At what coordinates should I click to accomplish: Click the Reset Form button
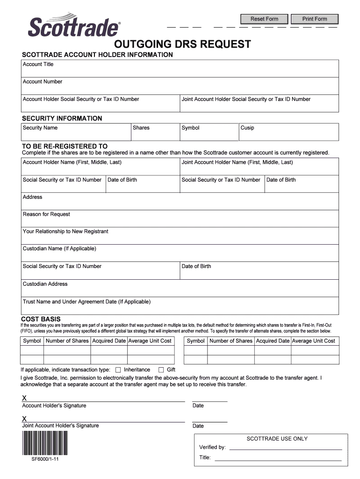tap(264, 19)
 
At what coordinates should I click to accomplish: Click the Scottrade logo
tap(74, 27)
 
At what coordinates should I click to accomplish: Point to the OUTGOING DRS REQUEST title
tap(183, 44)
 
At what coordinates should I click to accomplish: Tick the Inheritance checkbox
tap(118, 370)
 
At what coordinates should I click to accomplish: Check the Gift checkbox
tap(161, 370)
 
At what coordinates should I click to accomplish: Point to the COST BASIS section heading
tap(41, 319)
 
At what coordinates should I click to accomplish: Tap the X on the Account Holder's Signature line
tap(24, 398)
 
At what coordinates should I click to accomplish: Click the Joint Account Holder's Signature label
tap(60, 426)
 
